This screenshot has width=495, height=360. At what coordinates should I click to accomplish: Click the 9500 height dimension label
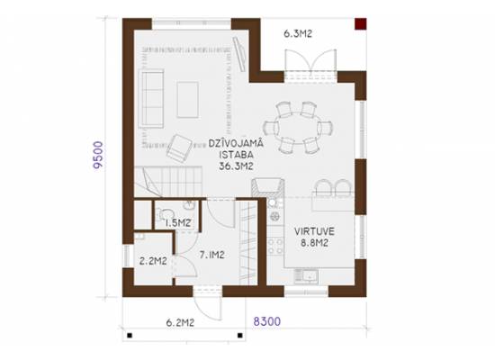tap(98, 156)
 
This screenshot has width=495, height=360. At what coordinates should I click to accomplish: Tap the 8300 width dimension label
tap(267, 321)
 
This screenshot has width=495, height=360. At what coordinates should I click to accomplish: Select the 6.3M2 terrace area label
tap(298, 33)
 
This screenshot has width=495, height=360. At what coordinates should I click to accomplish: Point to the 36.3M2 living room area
tap(236, 166)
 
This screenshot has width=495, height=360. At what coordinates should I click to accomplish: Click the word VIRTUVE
tap(314, 231)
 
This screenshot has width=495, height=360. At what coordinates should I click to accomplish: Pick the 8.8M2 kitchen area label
tap(314, 243)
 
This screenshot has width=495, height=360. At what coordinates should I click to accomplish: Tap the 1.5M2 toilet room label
tap(178, 223)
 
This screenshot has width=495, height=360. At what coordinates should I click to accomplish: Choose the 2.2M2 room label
tap(153, 261)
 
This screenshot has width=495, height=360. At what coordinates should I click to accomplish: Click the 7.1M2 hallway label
tap(211, 255)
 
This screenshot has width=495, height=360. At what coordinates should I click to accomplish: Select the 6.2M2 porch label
tap(180, 323)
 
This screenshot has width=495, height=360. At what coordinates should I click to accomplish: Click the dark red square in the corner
tap(361, 24)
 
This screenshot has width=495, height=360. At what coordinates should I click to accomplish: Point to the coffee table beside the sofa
tap(188, 100)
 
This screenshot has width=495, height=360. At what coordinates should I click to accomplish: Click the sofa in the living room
tap(152, 98)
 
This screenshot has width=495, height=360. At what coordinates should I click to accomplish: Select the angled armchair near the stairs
tap(179, 148)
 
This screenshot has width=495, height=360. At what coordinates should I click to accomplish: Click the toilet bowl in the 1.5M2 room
tap(165, 214)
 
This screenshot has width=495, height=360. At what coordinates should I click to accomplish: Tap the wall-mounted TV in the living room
tap(239, 54)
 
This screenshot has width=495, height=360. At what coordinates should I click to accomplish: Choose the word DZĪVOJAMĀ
tap(236, 143)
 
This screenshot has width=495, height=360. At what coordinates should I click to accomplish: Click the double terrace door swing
tap(310, 60)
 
